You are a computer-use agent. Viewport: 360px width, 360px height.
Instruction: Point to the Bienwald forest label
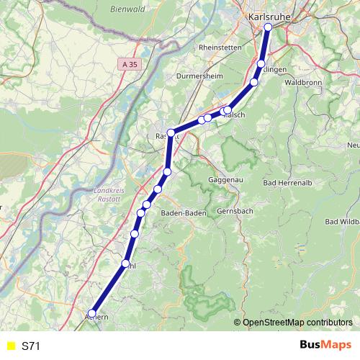(108, 9)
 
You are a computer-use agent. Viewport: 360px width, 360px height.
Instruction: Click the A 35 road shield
(127, 64)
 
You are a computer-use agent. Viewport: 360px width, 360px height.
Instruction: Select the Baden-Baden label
(184, 213)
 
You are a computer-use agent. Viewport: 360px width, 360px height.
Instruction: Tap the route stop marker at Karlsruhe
(268, 27)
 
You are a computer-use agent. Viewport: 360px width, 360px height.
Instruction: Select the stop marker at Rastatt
(171, 132)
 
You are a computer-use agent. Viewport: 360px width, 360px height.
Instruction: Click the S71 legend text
(31, 346)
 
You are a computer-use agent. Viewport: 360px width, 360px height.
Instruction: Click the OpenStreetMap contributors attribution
(297, 323)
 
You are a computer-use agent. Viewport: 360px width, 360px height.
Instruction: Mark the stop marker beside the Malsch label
(228, 110)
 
